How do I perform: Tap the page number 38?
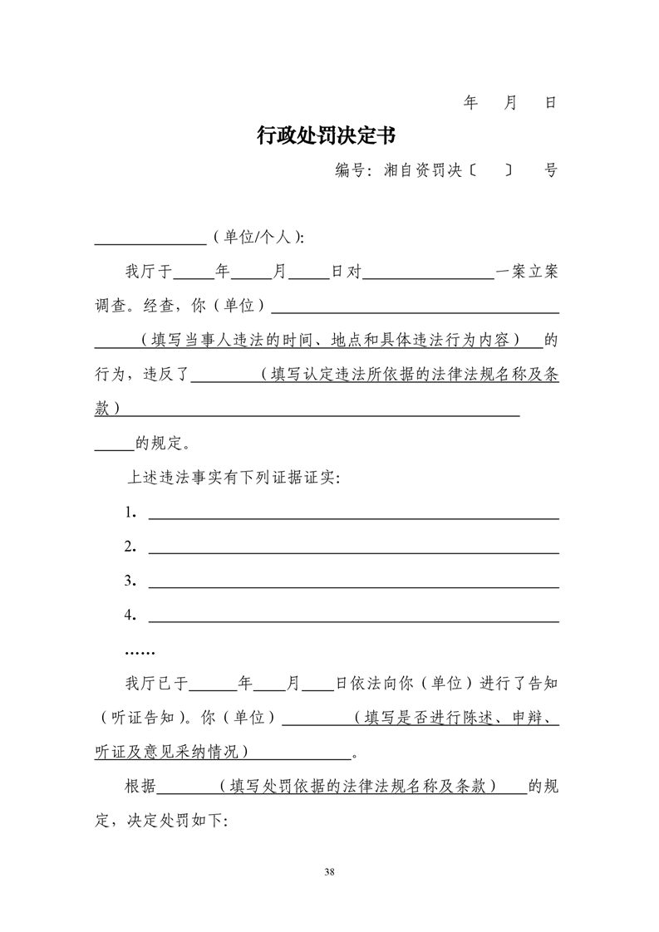pos(330,871)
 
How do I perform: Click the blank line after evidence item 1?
pos(353,516)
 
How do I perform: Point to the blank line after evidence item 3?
pos(353,585)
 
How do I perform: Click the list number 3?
pos(130,581)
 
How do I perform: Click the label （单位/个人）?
pos(257,238)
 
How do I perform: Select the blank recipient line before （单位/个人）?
pos(150,242)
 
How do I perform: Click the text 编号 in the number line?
pos(351,171)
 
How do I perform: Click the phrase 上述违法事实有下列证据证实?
pos(231,478)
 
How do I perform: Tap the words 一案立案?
pos(527,272)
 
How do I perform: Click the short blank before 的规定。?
pos(114,447)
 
